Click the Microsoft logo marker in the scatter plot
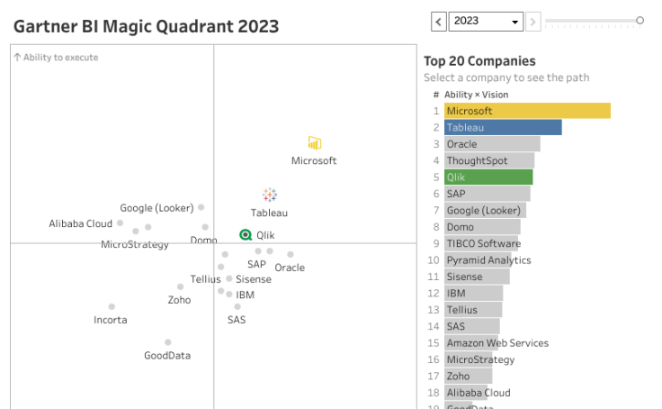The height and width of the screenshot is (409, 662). coord(314,143)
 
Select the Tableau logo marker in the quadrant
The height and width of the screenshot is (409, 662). coord(269,195)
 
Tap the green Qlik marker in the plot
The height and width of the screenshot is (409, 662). coord(246,234)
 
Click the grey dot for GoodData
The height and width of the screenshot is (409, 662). coord(167,342)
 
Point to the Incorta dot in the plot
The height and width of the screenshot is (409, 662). coord(112,306)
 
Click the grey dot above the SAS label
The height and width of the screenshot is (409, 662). coord(237,306)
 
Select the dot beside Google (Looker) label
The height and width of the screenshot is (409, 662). coord(201,207)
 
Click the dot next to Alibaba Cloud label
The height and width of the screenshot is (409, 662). coord(120,223)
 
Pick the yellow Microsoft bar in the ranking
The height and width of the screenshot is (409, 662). coord(527,111)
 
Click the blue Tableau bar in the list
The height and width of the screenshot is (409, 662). coord(503,128)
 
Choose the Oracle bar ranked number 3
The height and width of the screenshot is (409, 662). coord(492,144)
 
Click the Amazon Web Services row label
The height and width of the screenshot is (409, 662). coord(497,343)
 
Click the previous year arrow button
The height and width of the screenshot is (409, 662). coord(439,21)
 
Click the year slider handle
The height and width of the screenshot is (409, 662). coord(640,20)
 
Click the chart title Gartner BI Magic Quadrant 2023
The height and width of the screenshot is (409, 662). coord(146,26)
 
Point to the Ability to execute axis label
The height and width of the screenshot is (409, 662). coord(56,58)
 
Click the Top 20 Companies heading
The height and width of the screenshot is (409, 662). coord(479,61)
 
